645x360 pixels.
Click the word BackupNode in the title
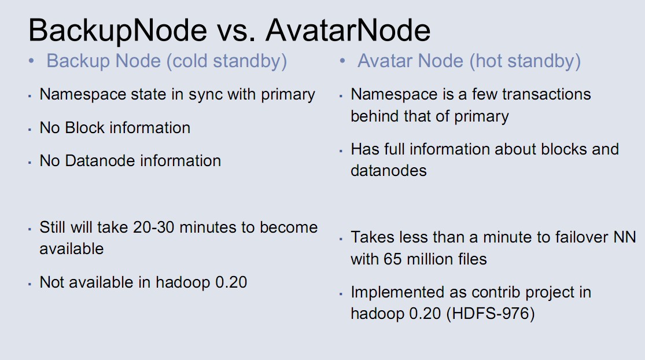coord(117,31)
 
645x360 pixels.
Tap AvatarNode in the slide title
coord(348,30)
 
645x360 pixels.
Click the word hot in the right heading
coord(486,61)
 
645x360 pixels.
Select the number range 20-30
coord(153,227)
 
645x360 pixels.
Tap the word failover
coord(581,237)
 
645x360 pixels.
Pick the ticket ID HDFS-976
coord(491,314)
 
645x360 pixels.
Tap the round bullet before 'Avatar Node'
coord(342,61)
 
